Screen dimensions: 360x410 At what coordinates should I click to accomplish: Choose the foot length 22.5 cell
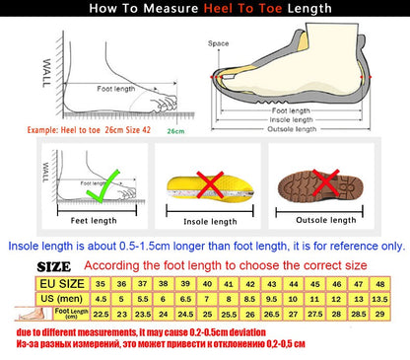pyautogui.click(x=100, y=315)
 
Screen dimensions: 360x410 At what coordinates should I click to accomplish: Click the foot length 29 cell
pyautogui.click(x=379, y=315)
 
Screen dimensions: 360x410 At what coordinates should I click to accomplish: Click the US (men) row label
pyautogui.click(x=57, y=298)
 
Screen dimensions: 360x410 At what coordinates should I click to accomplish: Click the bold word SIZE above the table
pyautogui.click(x=54, y=266)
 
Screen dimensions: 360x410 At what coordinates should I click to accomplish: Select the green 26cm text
pyautogui.click(x=176, y=129)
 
